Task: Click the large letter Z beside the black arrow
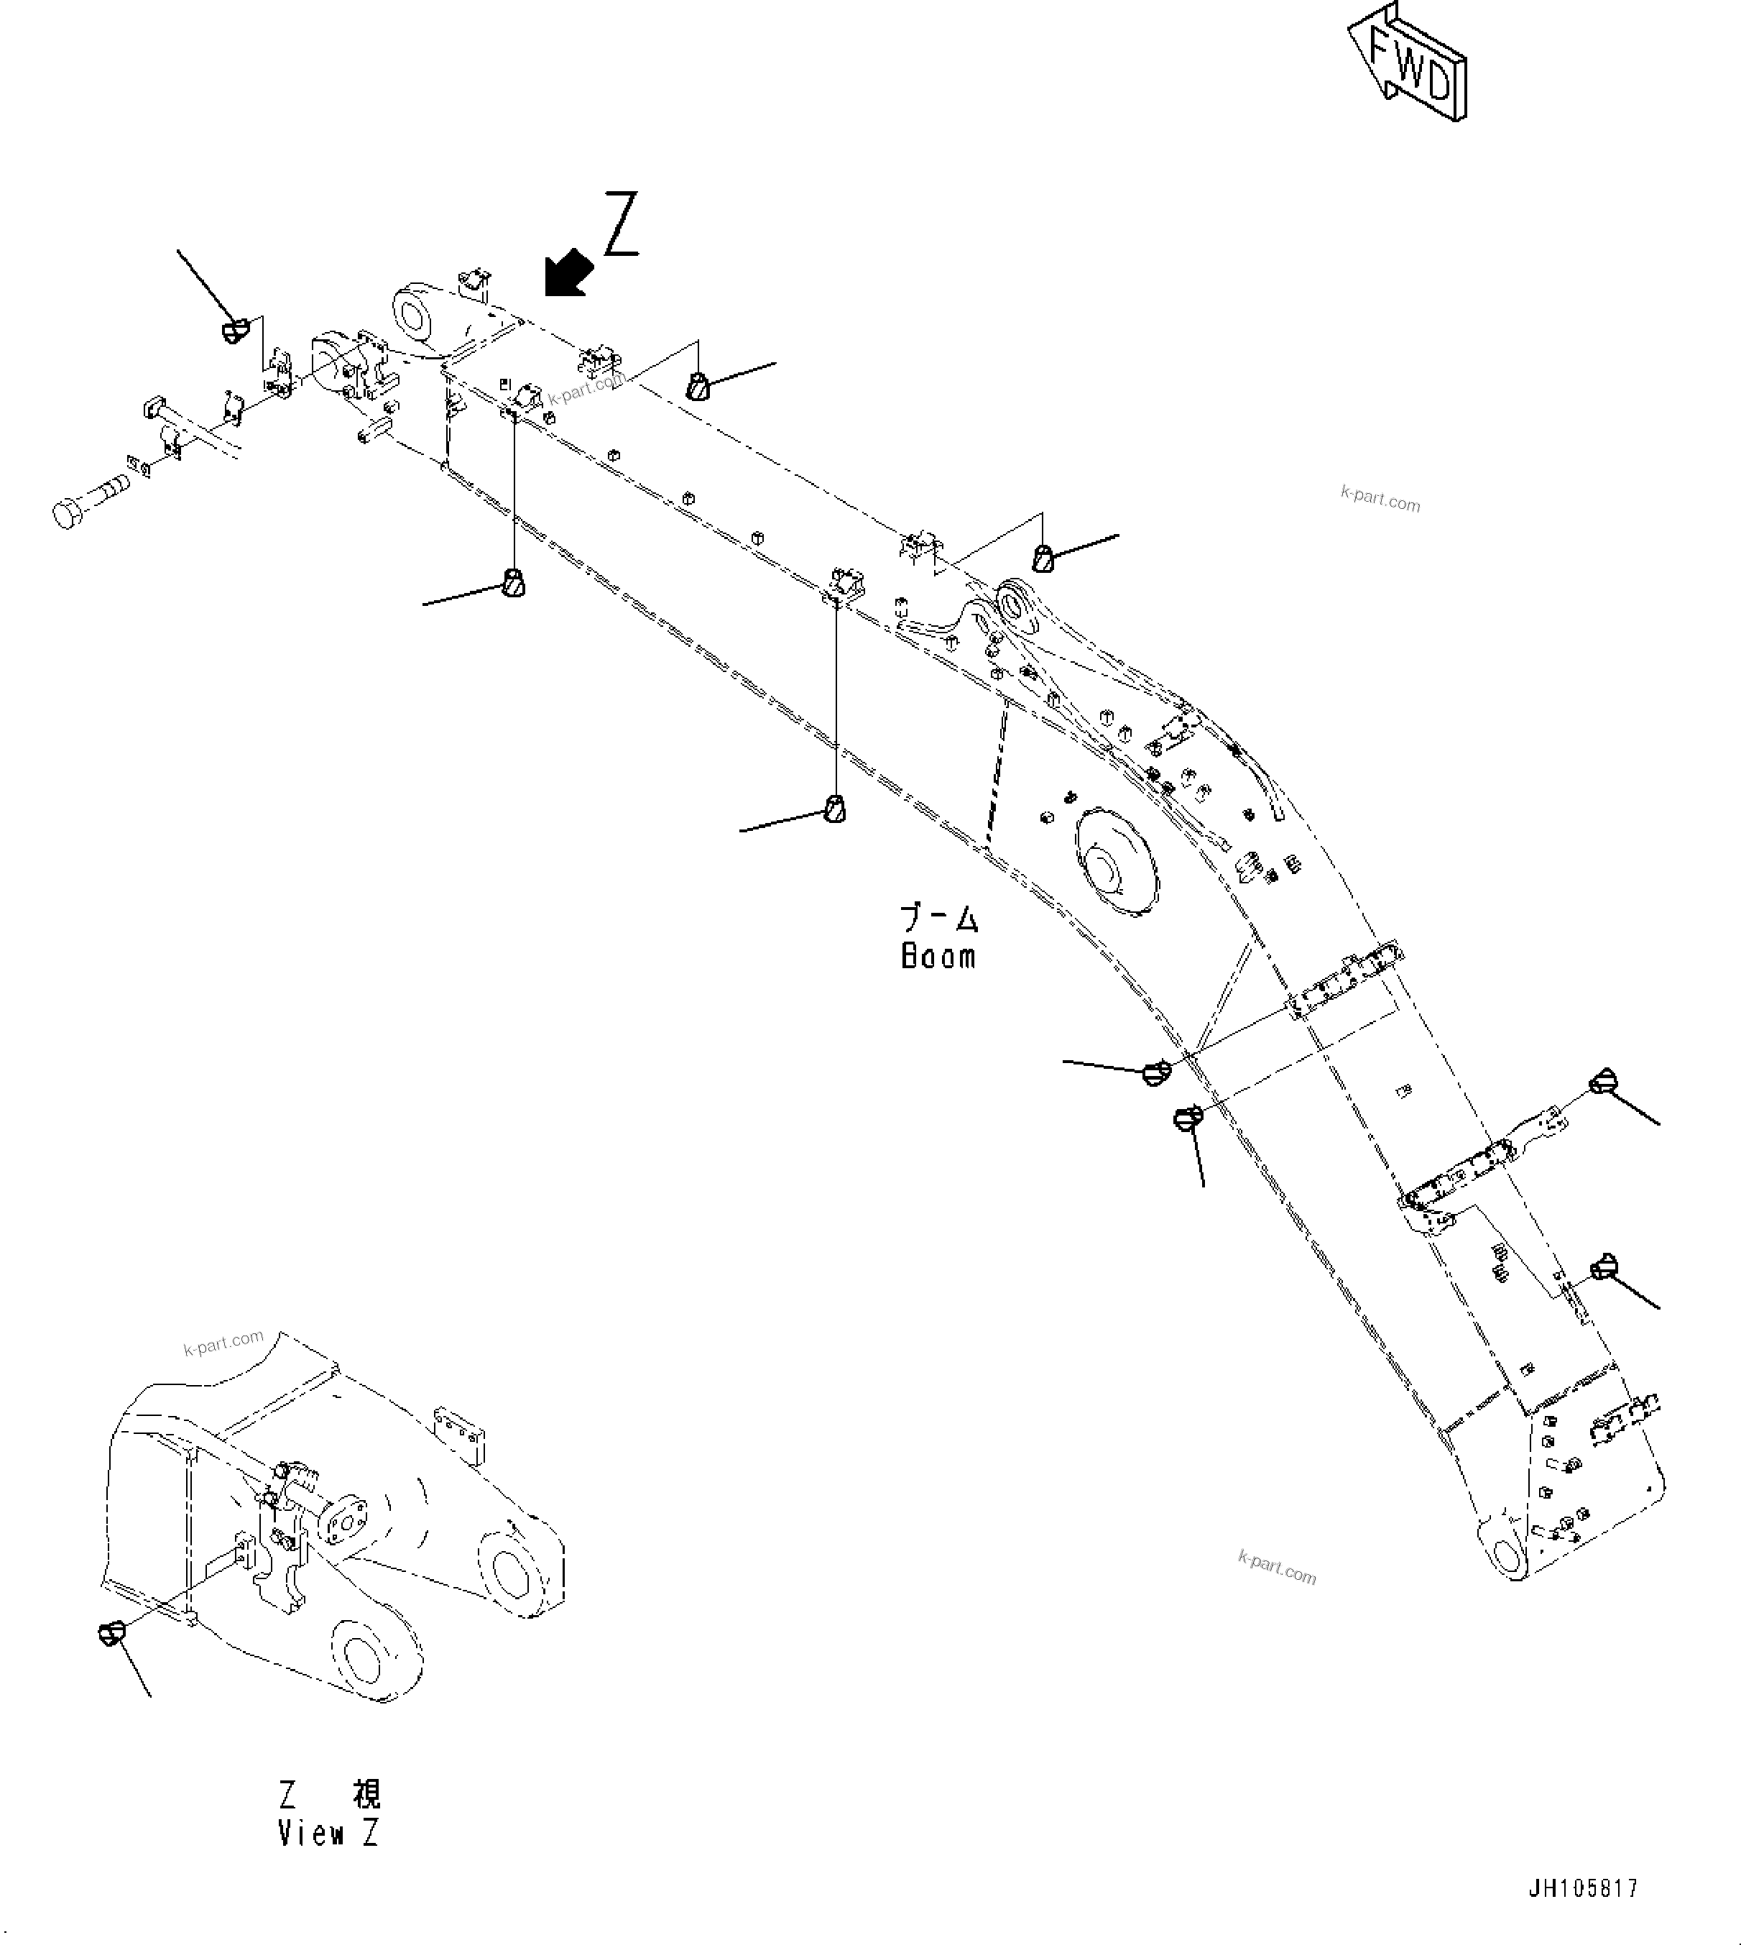pos(622,225)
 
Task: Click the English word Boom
pos(938,956)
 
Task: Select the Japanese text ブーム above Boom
pos(939,919)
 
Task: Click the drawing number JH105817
pos(1582,1887)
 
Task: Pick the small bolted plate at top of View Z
pos(459,1433)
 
